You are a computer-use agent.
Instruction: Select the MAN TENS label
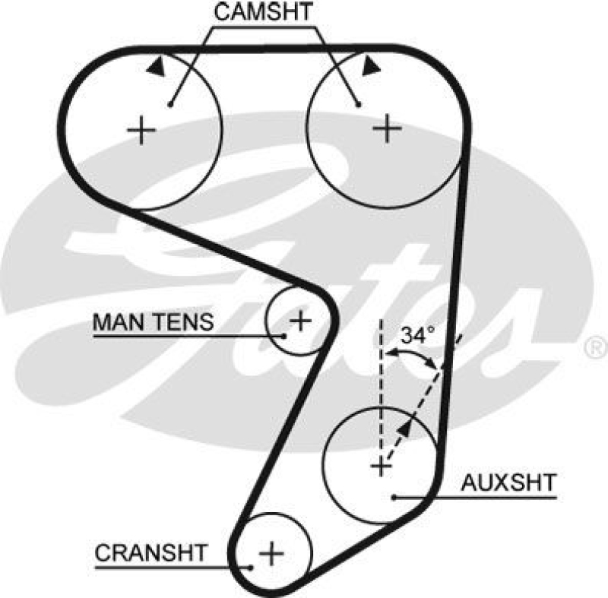pos(153,322)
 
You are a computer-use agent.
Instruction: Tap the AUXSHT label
pos(509,482)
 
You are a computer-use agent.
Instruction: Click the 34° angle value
pos(417,335)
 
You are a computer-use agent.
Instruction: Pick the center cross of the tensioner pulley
pos(301,320)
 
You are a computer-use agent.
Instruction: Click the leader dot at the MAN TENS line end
pos(284,335)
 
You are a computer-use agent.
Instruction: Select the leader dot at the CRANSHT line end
pos(251,566)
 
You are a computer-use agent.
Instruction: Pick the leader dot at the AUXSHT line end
pos(394,498)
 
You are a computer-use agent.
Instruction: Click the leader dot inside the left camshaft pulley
pos(172,104)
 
